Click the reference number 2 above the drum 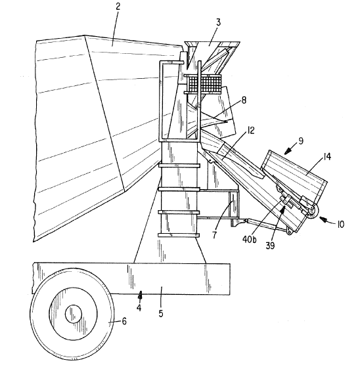coord(118,7)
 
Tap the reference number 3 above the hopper coord(218,22)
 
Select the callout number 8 coord(244,100)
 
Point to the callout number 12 coord(250,131)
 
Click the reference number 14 coord(326,157)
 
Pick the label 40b coord(249,240)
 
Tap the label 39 coord(270,246)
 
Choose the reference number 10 coord(340,224)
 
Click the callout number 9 coord(301,141)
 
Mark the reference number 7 coord(214,235)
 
